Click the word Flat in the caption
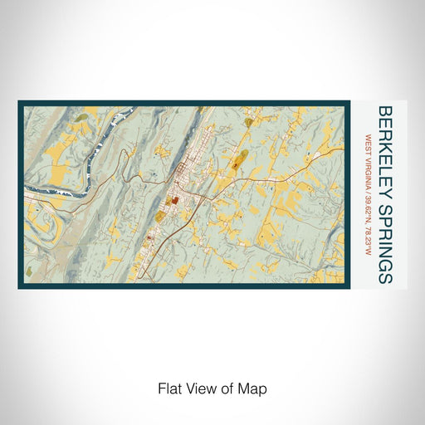tap(168, 388)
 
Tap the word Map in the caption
tap(254, 388)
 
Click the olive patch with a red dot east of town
tap(238, 161)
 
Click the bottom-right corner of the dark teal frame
tap(349, 287)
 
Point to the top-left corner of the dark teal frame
tap(20, 103)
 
